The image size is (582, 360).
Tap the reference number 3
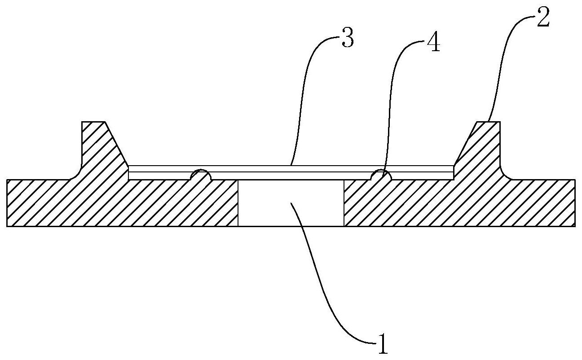pos(347,39)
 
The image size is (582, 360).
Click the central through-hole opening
pos(291,203)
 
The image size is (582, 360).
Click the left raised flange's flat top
pos(93,122)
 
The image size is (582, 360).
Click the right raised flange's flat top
pos(488,122)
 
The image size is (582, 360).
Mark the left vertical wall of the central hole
pos(238,203)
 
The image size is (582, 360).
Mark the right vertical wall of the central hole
pos(344,203)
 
